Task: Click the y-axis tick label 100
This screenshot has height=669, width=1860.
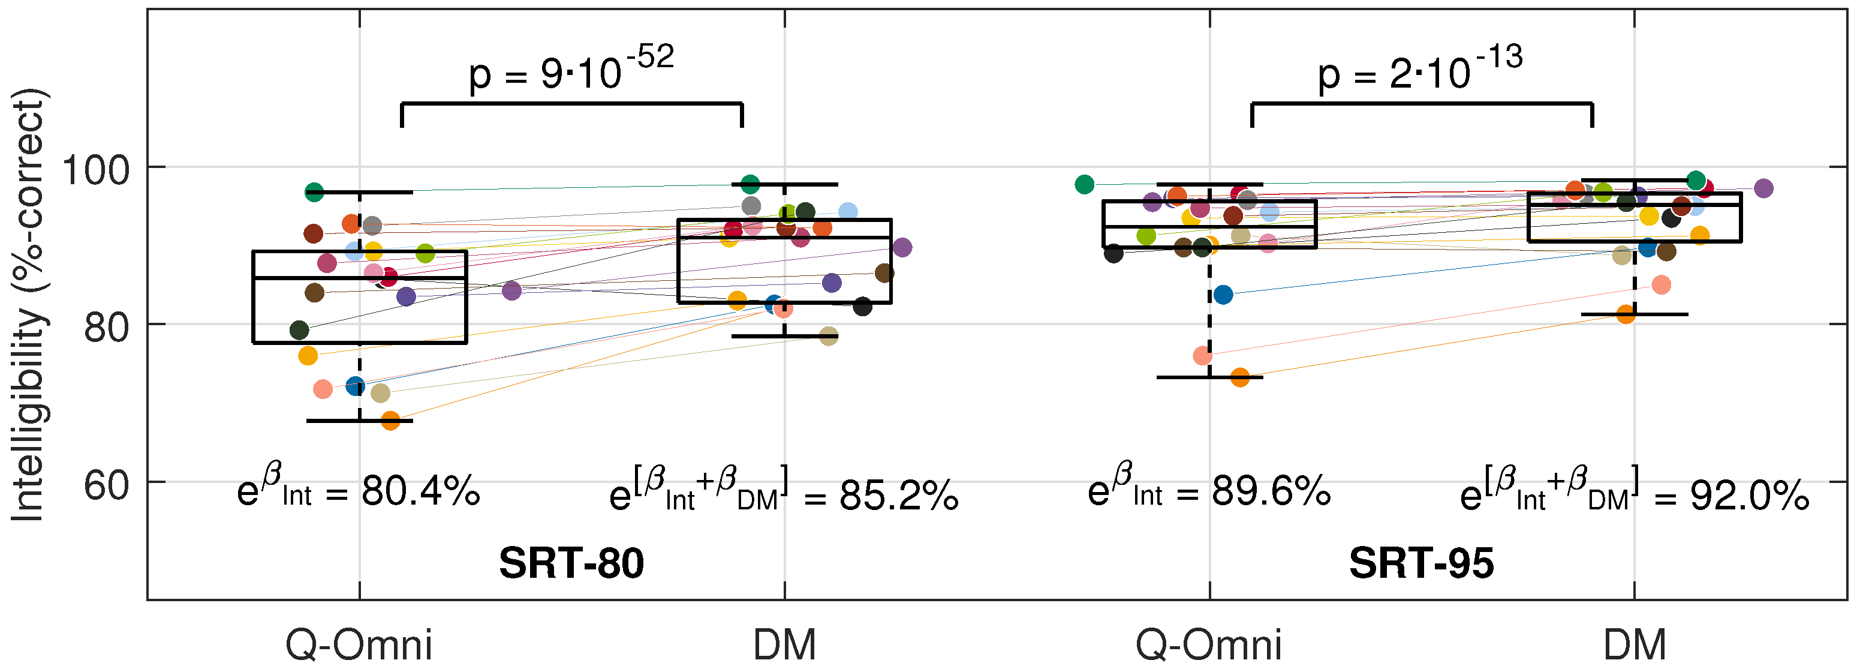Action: point(95,170)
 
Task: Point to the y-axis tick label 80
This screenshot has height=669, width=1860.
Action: point(106,327)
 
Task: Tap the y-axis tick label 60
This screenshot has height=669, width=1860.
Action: point(106,485)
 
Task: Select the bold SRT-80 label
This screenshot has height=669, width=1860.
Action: point(571,563)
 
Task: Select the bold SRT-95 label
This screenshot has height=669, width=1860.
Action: point(1421,563)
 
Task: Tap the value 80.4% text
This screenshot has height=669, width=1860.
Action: point(420,492)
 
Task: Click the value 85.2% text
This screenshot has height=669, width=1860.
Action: point(898,496)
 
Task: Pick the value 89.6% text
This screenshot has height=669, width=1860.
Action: point(1271,492)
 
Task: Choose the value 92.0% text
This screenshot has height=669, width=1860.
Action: point(1749,496)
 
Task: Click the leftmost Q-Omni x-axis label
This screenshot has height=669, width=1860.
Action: point(359,644)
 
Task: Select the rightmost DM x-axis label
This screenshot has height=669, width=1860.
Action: point(1635,644)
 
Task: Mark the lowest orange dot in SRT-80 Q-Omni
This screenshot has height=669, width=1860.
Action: point(390,421)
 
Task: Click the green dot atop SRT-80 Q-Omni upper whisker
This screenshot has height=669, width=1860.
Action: point(314,191)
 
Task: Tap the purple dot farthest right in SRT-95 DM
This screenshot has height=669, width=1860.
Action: point(1763,188)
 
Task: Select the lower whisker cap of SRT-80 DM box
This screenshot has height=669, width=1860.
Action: point(785,336)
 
